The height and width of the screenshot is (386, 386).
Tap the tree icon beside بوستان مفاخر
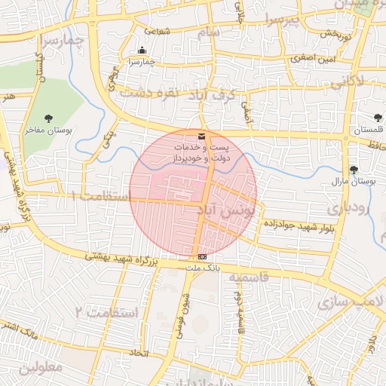[x=49, y=118]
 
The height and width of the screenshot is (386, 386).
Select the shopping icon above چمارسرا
[x=142, y=51]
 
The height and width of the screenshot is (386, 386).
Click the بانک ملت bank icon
[x=201, y=257]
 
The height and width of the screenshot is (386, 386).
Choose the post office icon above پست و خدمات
[x=201, y=136]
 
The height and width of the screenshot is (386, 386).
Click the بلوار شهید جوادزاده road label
[x=299, y=224]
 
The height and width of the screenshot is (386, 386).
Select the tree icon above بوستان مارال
[x=354, y=170]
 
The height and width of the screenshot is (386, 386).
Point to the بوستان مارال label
[x=354, y=182]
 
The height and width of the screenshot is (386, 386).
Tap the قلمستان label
[x=367, y=130]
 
